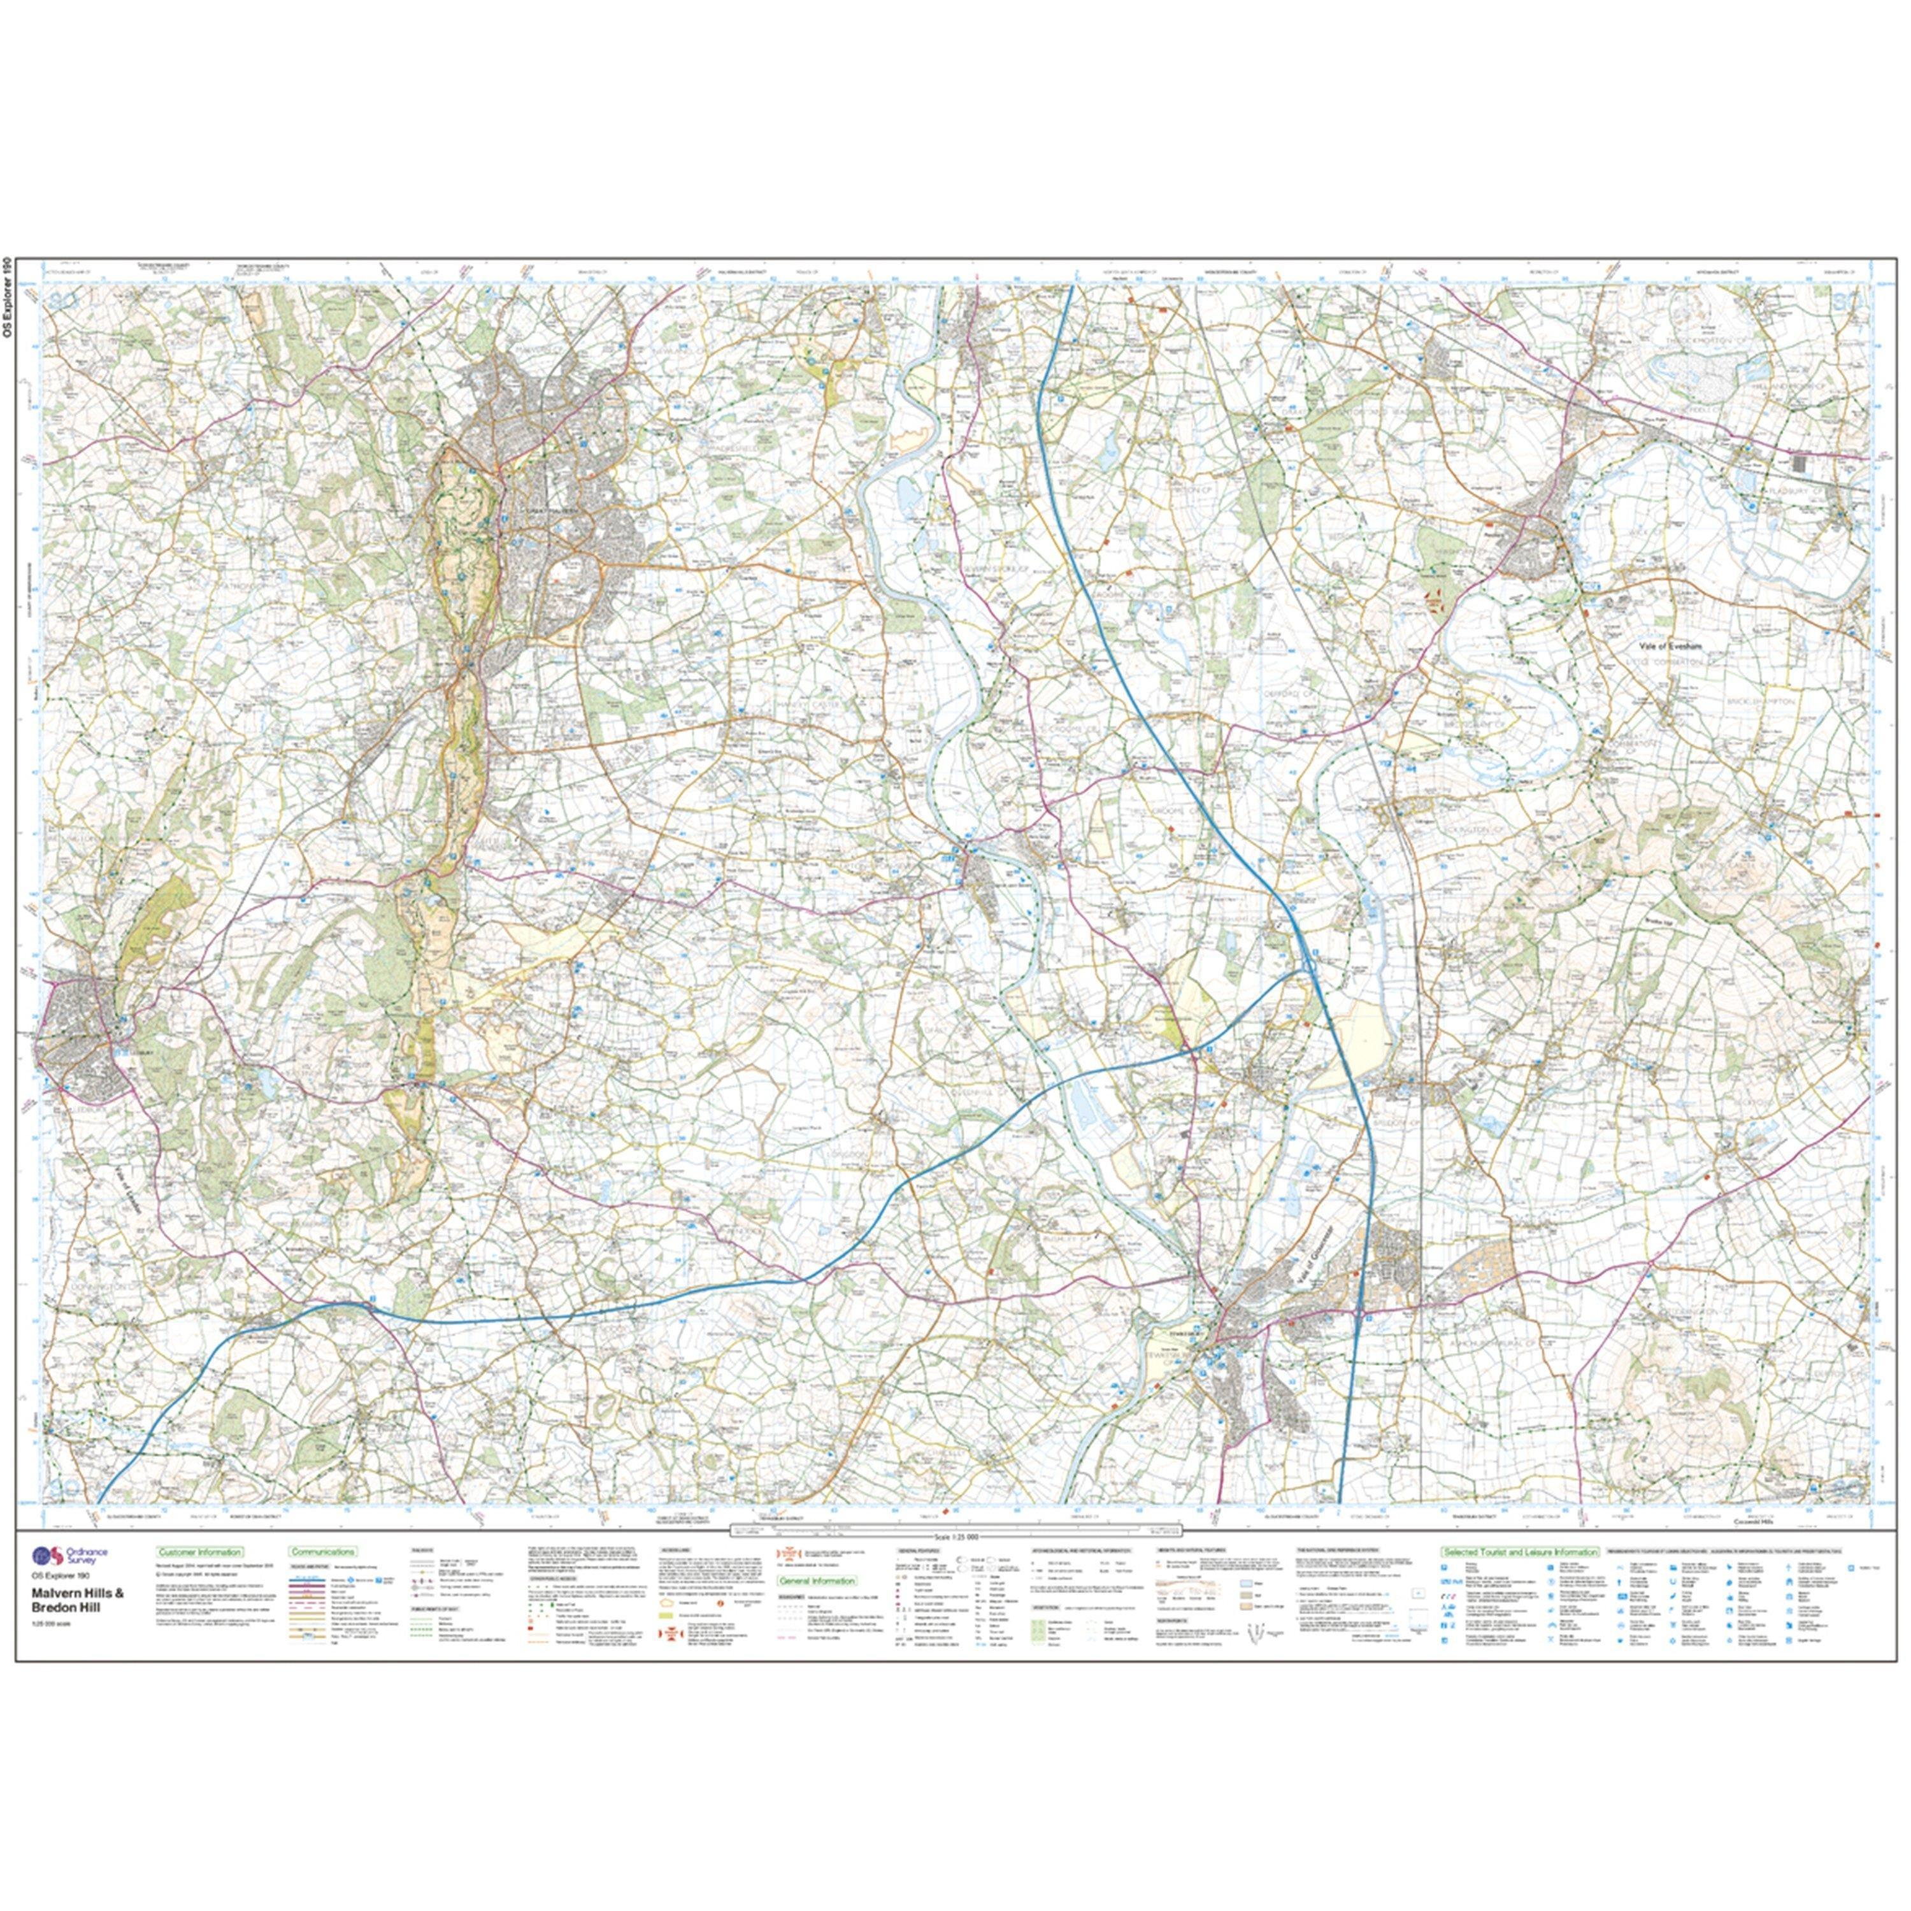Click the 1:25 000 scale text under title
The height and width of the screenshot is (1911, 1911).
pos(54,1617)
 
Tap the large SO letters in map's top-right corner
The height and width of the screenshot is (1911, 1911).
pos(1847,299)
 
